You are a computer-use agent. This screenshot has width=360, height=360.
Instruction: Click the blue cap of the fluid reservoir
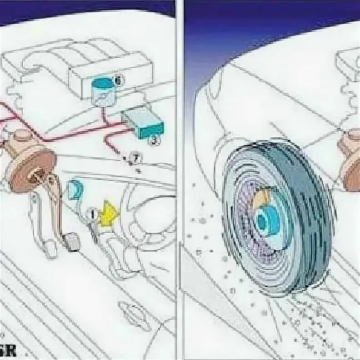click(x=103, y=83)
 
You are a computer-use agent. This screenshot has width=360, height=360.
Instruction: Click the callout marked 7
click(x=135, y=158)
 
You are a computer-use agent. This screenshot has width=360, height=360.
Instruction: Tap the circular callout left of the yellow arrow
click(x=91, y=212)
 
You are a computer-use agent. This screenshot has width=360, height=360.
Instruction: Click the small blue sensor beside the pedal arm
click(x=75, y=190)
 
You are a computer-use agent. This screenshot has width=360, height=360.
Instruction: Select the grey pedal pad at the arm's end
click(x=73, y=242)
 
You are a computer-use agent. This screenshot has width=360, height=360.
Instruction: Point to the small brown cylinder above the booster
click(x=20, y=136)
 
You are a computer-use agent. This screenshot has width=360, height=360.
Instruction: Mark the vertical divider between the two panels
click(x=180, y=182)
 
